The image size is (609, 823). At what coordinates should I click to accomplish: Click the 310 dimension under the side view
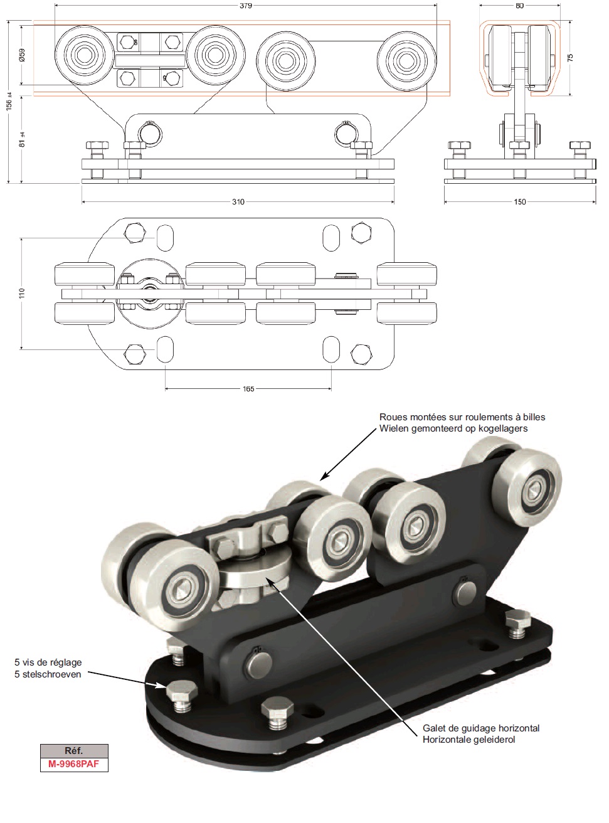click(238, 202)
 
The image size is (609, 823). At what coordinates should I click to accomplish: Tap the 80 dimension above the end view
click(519, 6)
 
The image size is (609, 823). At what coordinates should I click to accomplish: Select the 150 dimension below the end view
click(520, 202)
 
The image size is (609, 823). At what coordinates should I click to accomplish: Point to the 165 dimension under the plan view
click(248, 389)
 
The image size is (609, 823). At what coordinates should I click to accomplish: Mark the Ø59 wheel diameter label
click(21, 56)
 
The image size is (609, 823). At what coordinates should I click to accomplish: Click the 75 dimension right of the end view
click(569, 57)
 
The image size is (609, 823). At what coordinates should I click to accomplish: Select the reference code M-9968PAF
click(73, 765)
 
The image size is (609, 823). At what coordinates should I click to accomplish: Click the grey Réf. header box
click(73, 751)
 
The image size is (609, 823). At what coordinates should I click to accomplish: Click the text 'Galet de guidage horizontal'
click(481, 728)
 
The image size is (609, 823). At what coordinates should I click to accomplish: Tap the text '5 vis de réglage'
click(48, 662)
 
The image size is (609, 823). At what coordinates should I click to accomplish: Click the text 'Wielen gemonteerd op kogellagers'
click(453, 428)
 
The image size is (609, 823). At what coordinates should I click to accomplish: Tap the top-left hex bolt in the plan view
click(135, 233)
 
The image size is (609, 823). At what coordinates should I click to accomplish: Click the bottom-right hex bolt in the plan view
click(360, 354)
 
